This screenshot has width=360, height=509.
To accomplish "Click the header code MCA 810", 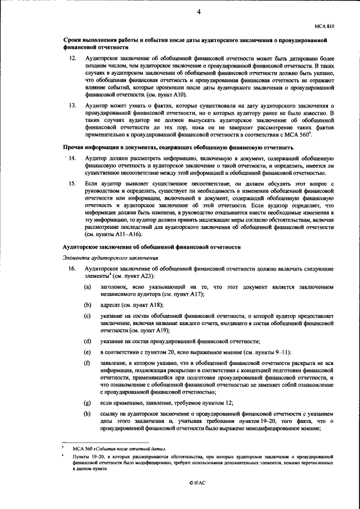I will pyautogui.click(x=325, y=25).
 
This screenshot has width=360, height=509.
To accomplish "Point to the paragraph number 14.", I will pyautogui.click(x=73, y=159).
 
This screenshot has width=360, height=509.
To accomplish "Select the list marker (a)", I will pyautogui.click(x=88, y=287).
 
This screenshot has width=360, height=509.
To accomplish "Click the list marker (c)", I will pyautogui.click(x=88, y=316).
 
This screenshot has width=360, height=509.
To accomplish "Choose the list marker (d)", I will pyautogui.click(x=88, y=341).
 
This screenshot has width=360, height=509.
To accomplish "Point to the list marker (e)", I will pyautogui.click(x=88, y=352).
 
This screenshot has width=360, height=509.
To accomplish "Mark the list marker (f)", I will pyautogui.click(x=88, y=363).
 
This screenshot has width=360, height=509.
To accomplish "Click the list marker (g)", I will pyautogui.click(x=88, y=403).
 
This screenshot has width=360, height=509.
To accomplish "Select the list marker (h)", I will pyautogui.click(x=88, y=415).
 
